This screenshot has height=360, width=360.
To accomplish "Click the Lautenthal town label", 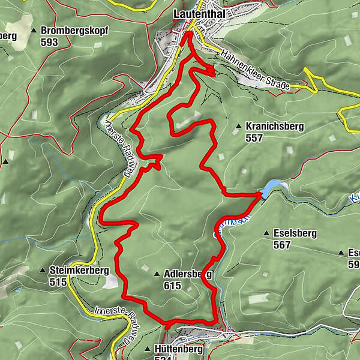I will [197, 13].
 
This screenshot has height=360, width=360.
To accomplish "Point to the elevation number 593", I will [50, 42].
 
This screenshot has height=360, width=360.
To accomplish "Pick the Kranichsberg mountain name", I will [275, 127].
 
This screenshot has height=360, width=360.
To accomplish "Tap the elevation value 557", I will [255, 138].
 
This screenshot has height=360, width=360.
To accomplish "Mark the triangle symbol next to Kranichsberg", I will [239, 127].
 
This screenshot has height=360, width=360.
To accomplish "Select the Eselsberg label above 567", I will [294, 233].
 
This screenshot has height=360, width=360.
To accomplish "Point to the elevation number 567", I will [281, 245].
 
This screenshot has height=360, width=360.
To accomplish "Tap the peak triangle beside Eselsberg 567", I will [266, 233].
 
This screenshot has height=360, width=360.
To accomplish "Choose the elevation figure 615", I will [172, 286].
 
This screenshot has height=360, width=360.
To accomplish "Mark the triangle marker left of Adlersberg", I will [157, 274].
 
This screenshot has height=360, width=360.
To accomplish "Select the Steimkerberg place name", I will [79, 271].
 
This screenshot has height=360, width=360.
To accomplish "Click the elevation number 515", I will [58, 283].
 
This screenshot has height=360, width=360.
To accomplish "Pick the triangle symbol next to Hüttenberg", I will [148, 349].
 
